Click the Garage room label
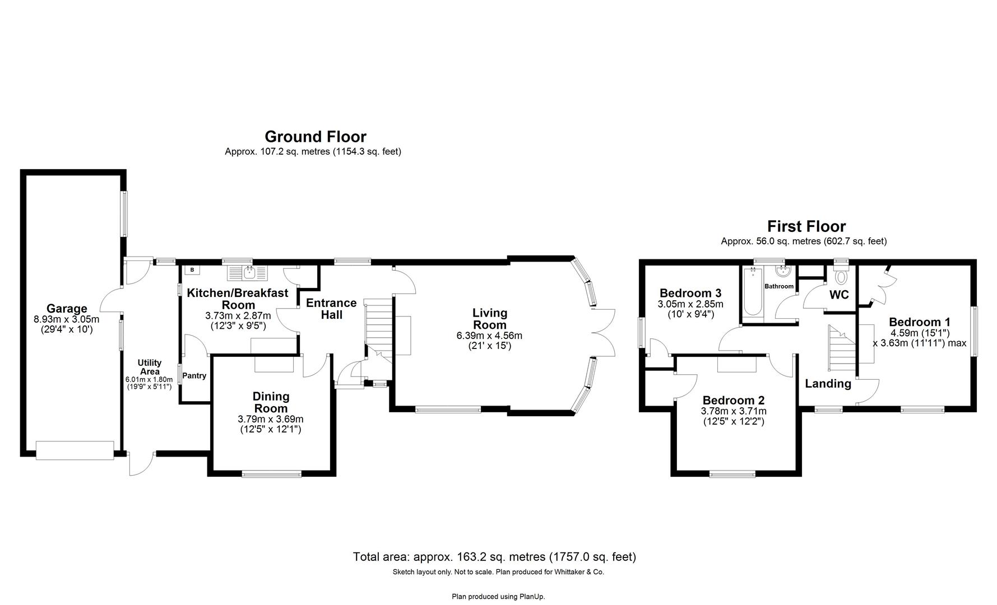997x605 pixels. pyautogui.click(x=67, y=308)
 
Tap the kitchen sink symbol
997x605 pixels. pyautogui.click(x=248, y=273)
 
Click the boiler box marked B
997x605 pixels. pyautogui.click(x=192, y=270)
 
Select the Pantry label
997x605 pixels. pyautogui.click(x=194, y=376)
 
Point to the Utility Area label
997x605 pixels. pyautogui.click(x=150, y=367)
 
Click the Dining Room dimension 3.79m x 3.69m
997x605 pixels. pyautogui.click(x=271, y=419)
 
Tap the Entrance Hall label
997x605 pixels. pyautogui.click(x=331, y=309)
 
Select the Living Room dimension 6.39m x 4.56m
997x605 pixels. pyautogui.click(x=489, y=336)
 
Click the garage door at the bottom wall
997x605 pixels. pyautogui.click(x=75, y=450)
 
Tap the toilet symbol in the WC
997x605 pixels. pyautogui.click(x=841, y=277)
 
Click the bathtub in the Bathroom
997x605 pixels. pyautogui.click(x=752, y=292)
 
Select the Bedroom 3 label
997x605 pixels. pyautogui.click(x=690, y=293)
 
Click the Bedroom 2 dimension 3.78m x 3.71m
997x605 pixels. pyautogui.click(x=733, y=411)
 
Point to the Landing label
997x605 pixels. pyautogui.click(x=828, y=384)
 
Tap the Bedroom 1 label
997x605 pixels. pyautogui.click(x=919, y=322)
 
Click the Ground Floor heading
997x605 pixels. pyautogui.click(x=315, y=137)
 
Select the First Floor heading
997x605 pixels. pyautogui.click(x=806, y=226)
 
